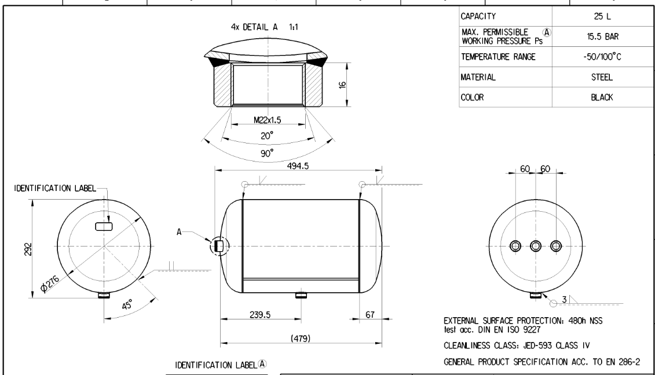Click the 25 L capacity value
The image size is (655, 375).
pyautogui.click(x=602, y=17)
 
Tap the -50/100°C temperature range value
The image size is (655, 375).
pyautogui.click(x=602, y=57)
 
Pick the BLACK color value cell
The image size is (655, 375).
pyautogui.click(x=602, y=98)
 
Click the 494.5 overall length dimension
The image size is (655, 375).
pyautogui.click(x=298, y=164)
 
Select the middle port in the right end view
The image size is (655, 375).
pyautogui.click(x=536, y=246)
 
